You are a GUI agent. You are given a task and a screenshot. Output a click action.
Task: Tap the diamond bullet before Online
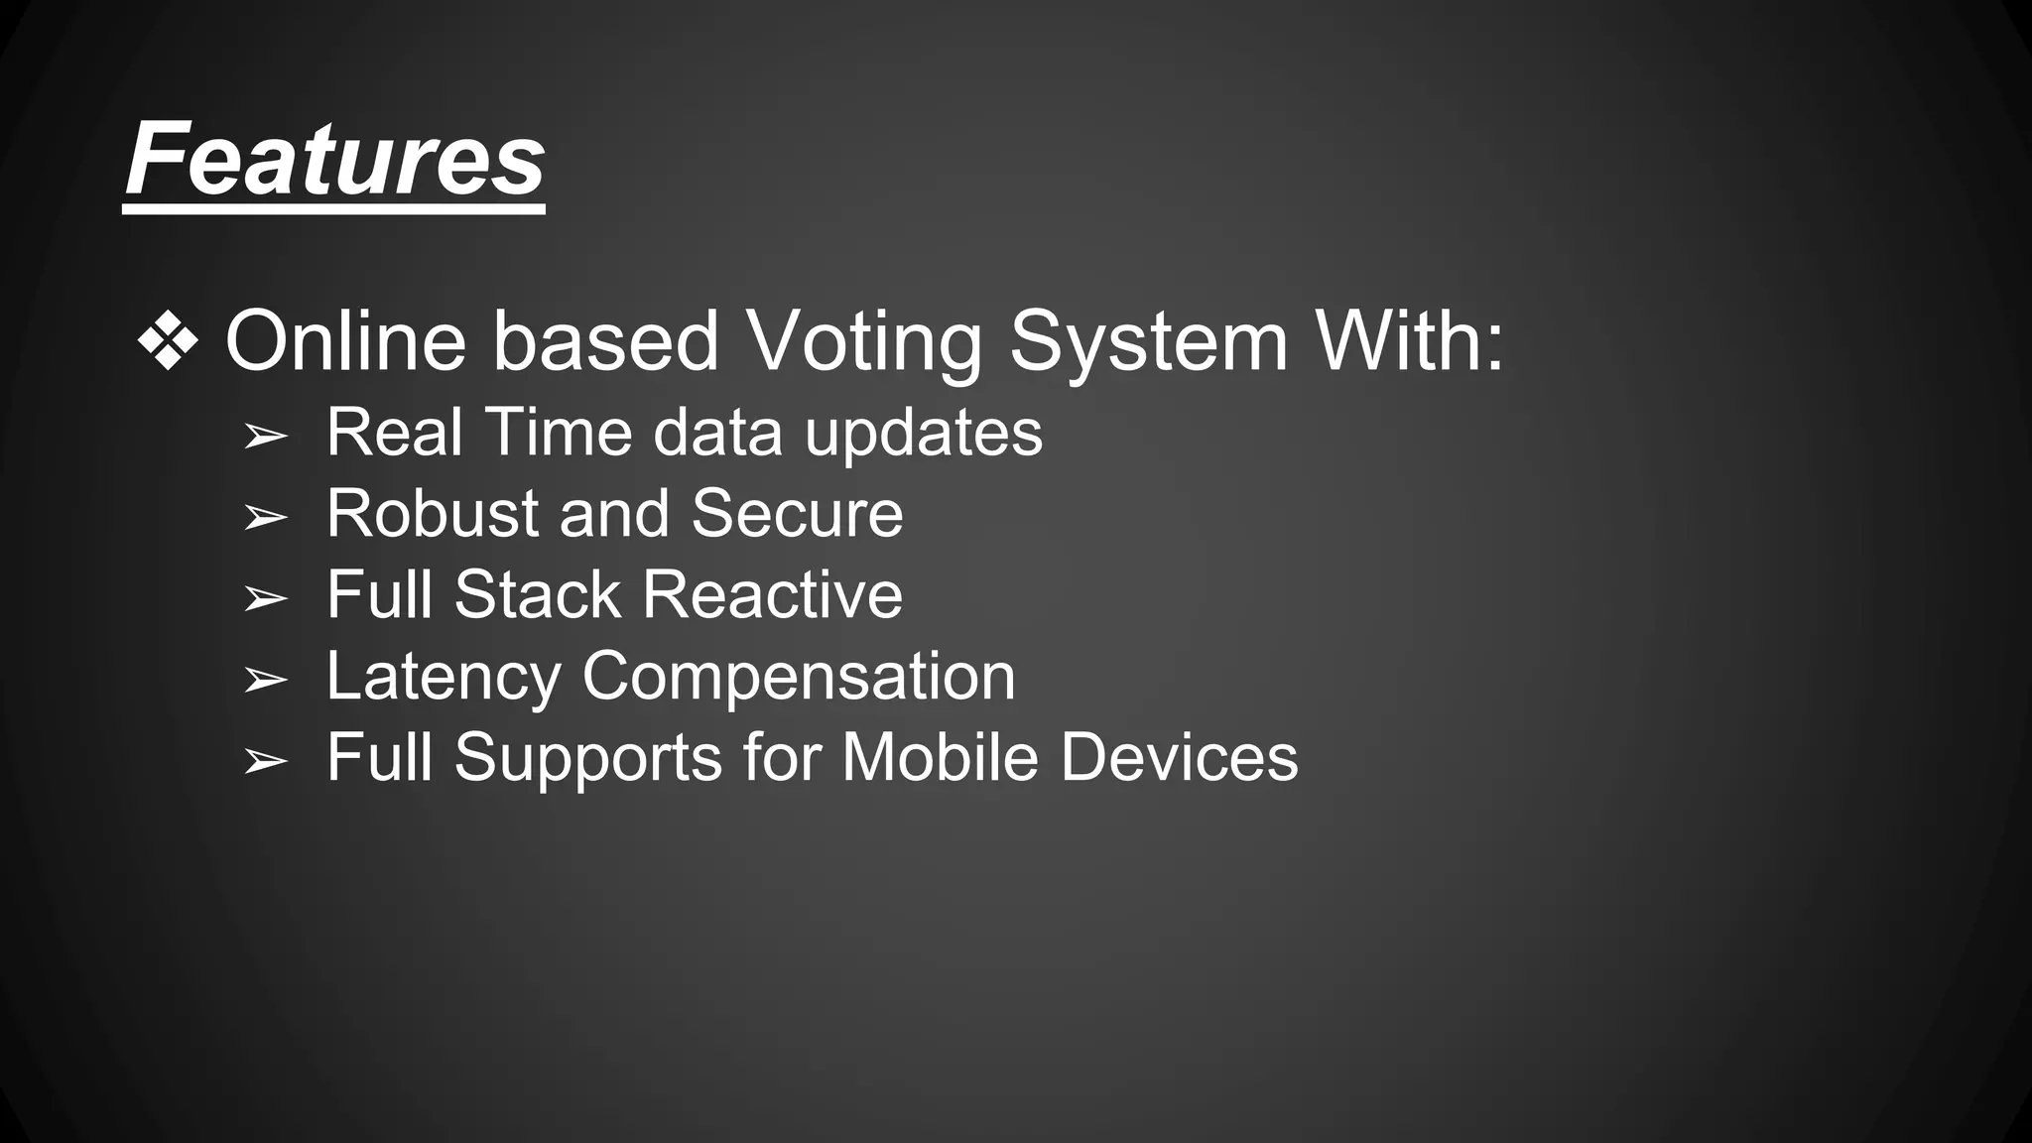coord(168,341)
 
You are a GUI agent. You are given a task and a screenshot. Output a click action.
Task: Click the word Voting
coord(863,342)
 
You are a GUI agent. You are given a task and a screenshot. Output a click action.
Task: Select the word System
coord(1148,342)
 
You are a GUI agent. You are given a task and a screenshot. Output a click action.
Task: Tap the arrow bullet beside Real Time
coord(265,436)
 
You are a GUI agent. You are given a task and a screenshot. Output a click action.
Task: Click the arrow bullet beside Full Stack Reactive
coord(265,598)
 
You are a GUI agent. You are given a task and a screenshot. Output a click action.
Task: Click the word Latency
coord(444,678)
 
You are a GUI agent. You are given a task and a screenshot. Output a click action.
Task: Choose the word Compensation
coord(799,678)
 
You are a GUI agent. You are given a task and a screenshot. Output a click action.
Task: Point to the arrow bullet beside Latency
coord(265,680)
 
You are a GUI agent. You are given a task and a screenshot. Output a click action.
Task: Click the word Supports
coord(588,759)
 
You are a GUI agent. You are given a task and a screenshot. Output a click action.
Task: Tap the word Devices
coord(1179,757)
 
